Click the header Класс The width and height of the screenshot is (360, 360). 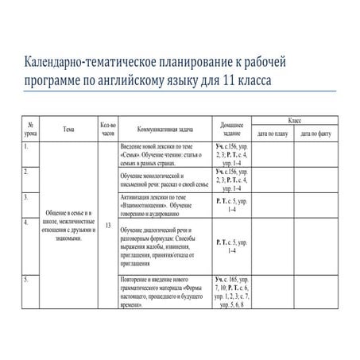(x=294, y=118)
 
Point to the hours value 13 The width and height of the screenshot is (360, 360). (x=107, y=226)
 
